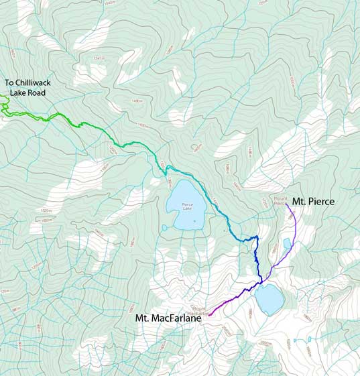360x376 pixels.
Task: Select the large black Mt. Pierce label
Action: (x=314, y=200)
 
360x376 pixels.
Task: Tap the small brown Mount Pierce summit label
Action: (x=280, y=200)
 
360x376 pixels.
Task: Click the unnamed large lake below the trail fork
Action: (x=269, y=299)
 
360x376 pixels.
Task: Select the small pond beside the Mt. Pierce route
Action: (x=287, y=243)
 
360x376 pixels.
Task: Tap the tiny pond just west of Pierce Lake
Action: (x=164, y=228)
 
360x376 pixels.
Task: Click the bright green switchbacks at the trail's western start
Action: (x=5, y=106)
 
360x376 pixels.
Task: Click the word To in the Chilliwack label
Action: (x=11, y=84)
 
